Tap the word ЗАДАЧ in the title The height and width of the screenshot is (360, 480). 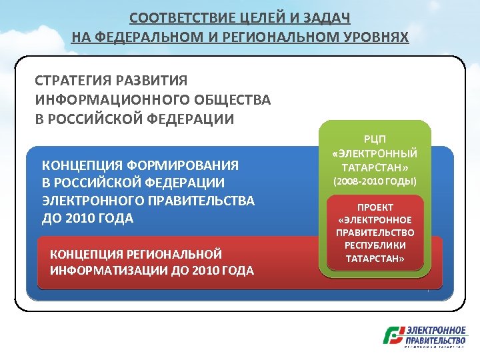(x=327, y=17)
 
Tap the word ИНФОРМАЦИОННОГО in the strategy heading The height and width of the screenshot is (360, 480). (x=110, y=100)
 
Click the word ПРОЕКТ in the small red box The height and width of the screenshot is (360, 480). (x=375, y=207)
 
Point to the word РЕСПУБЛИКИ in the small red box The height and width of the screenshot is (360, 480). (x=375, y=245)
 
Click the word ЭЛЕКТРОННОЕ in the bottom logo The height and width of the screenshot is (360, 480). (x=437, y=330)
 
